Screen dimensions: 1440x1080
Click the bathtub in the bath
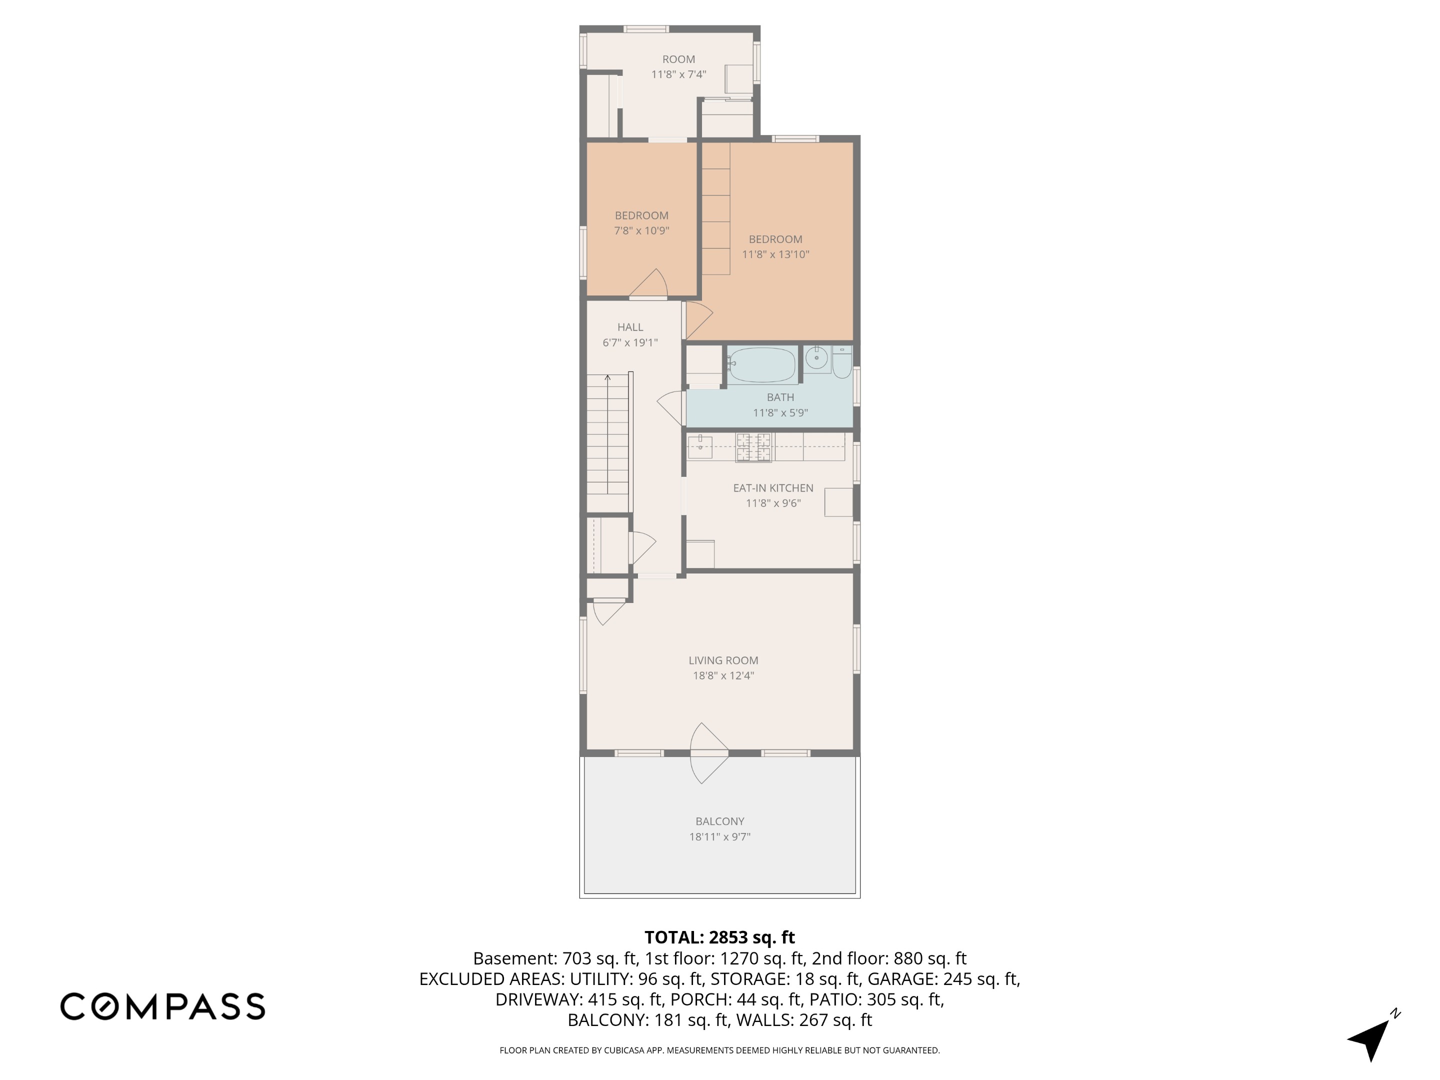[761, 364]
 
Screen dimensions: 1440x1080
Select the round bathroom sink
[816, 357]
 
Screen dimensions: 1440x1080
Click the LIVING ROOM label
[723, 660]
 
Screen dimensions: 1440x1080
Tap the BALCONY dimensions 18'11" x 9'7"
[719, 837]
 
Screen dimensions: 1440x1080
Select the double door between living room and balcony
[708, 753]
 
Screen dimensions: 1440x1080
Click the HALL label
[630, 327]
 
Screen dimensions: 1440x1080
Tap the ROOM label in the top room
[678, 59]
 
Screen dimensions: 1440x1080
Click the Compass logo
[162, 1006]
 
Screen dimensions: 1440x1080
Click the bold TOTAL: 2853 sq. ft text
[719, 937]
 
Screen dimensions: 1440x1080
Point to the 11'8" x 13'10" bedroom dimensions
[775, 254]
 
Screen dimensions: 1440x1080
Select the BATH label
[780, 397]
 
